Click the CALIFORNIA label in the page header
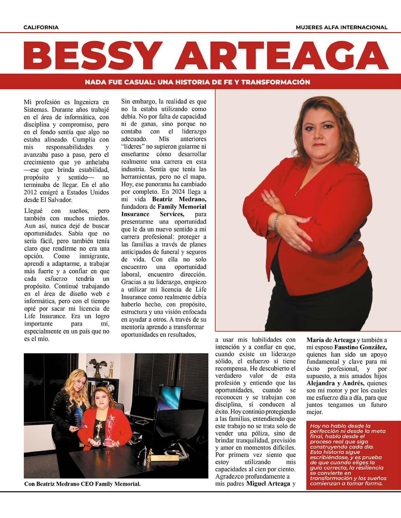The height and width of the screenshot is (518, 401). click(x=41, y=27)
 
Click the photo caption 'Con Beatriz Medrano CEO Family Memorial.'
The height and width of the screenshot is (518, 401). click(x=83, y=484)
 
